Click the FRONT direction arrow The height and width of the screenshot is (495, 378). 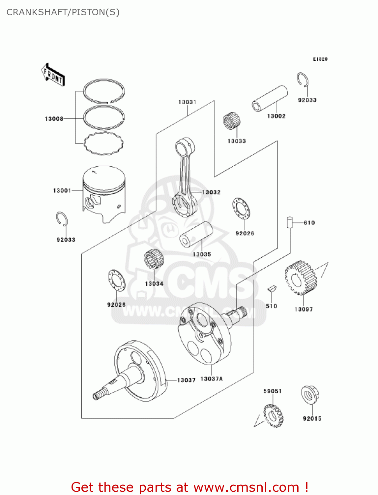(53, 75)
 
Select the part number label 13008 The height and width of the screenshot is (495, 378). (54, 119)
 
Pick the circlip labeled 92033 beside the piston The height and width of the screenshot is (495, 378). (62, 219)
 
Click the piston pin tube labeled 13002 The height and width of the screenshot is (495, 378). (270, 98)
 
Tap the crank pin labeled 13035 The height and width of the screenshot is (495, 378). (196, 234)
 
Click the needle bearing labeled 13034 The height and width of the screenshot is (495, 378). (154, 259)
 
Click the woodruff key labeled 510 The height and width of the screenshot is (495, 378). (272, 289)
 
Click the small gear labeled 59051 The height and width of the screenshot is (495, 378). (273, 416)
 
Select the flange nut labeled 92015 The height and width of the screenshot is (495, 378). (310, 395)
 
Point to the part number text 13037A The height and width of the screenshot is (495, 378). (212, 379)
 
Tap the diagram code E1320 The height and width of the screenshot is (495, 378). (320, 59)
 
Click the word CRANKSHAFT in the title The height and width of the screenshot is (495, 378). (37, 12)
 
